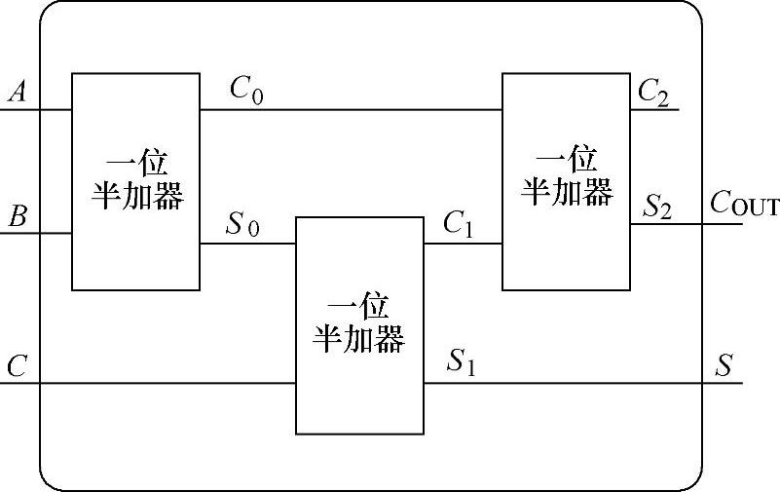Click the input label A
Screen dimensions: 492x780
click(x=17, y=93)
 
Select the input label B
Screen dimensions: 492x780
click(x=17, y=216)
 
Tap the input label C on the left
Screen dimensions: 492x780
click(x=17, y=366)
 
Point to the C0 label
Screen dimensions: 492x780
click(x=245, y=90)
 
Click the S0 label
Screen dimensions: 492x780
click(x=242, y=225)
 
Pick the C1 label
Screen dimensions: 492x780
click(x=458, y=225)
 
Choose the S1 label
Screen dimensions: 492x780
click(x=461, y=363)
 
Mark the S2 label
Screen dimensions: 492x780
click(x=656, y=208)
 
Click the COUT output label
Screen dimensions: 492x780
click(x=744, y=204)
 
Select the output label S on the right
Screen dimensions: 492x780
click(x=724, y=366)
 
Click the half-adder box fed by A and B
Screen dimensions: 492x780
click(x=135, y=180)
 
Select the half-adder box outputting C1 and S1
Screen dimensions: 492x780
click(x=359, y=324)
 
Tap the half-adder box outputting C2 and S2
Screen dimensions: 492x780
click(x=566, y=180)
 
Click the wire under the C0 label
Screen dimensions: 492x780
click(x=351, y=109)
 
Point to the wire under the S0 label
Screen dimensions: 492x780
click(x=247, y=244)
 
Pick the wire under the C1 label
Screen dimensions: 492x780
click(x=463, y=244)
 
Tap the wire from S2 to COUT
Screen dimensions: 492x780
click(x=687, y=224)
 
